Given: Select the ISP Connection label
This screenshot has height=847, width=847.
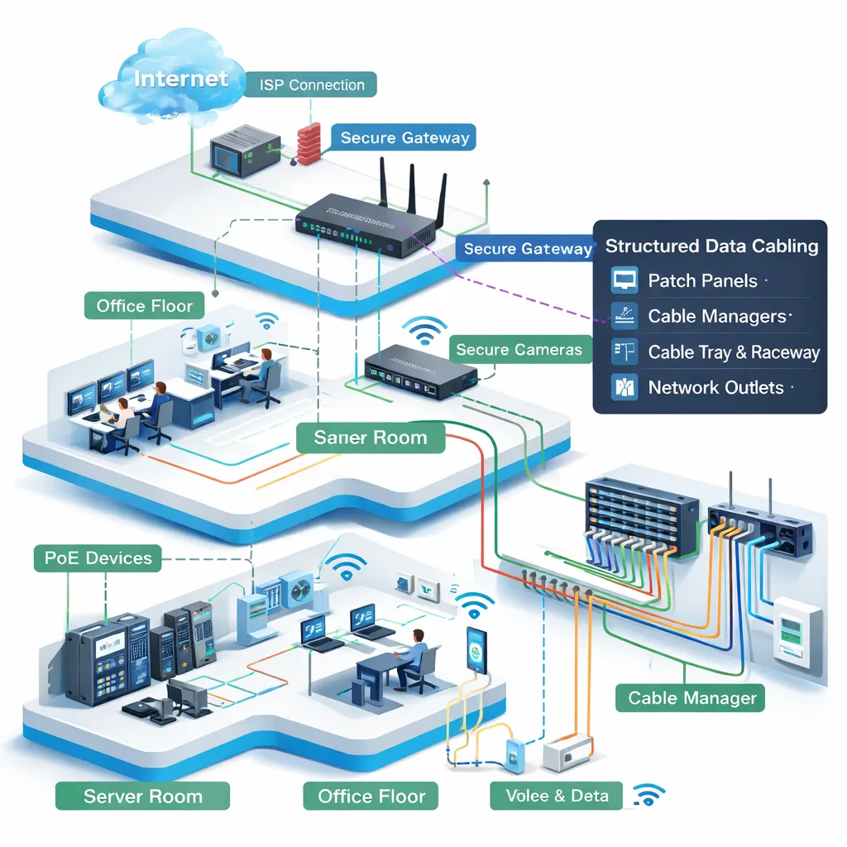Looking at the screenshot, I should pos(311,85).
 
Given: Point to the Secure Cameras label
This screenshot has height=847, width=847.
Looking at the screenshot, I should pos(519,350).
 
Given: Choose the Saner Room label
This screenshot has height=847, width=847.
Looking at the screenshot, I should pos(371,437).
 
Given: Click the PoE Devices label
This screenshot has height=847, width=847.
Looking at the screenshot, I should pos(98,558).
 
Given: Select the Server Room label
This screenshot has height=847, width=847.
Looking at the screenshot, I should pos(142,797).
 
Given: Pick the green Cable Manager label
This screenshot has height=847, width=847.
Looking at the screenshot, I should pos(691,698).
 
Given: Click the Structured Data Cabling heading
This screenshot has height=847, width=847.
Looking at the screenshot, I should pos(711,246).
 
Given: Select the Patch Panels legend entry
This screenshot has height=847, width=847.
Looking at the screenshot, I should pos(702,281).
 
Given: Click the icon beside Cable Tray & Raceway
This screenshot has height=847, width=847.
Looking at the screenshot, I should pos(623,352).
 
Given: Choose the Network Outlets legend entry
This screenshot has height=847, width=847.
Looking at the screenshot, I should pos(715,387).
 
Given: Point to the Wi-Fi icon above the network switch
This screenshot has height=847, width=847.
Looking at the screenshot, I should pos(423,329).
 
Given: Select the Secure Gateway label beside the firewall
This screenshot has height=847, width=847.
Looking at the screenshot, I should pos(404,138).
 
